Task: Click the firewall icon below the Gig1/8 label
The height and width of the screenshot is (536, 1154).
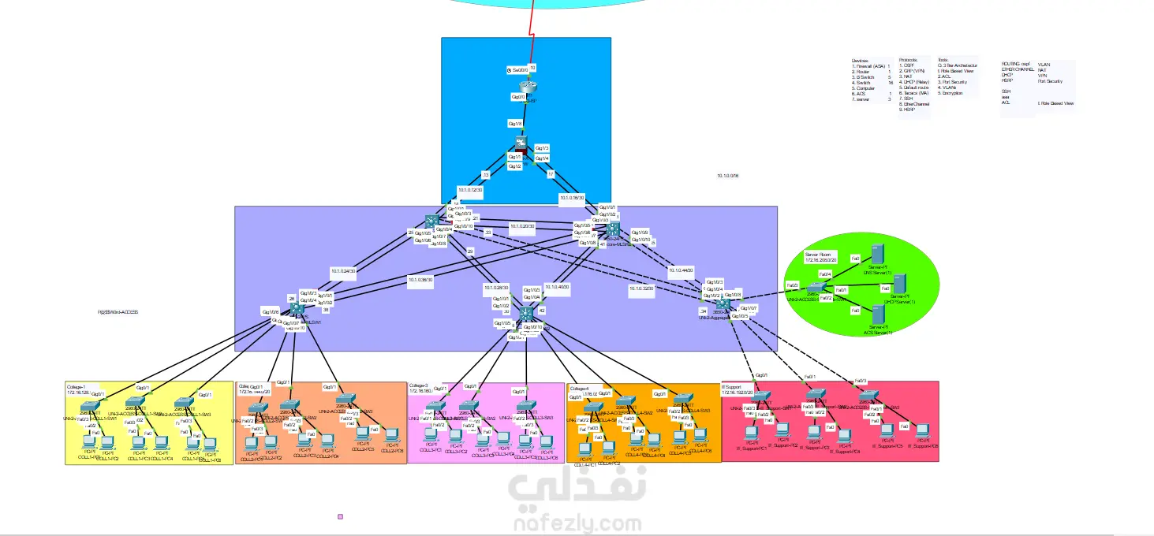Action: pos(521,143)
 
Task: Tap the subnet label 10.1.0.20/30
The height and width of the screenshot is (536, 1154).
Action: pos(522,226)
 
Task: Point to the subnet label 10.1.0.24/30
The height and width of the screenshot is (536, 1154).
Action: pos(342,270)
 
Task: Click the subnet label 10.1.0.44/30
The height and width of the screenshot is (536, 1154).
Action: pos(681,270)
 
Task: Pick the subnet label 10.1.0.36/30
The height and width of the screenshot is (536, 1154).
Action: pos(420,279)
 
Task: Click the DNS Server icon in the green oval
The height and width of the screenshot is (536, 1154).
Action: pos(876,255)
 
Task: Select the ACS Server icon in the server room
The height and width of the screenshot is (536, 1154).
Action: pos(876,315)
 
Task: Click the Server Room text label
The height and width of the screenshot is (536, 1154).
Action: pos(818,255)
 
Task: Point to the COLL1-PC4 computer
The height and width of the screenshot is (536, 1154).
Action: pos(161,442)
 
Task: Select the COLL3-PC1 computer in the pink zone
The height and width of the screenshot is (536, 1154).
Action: pos(431,435)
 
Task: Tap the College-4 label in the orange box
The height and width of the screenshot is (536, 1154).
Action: pos(580,389)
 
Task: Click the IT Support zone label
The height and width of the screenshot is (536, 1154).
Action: pos(734,386)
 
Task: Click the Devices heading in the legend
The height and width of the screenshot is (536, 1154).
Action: pos(860,61)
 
